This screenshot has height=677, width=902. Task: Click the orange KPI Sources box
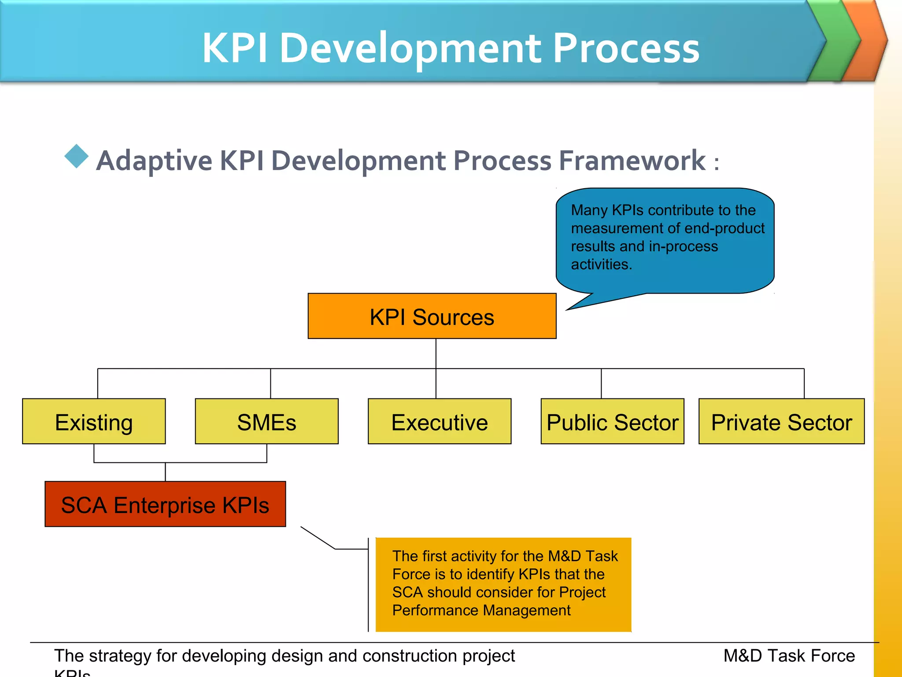coord(432,316)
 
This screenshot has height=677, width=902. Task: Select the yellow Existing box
coord(94,421)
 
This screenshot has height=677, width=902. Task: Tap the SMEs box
coord(266,421)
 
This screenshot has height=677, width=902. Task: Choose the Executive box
coord(439,421)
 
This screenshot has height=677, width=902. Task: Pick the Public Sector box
coord(612,421)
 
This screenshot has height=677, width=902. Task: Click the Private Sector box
coord(781,421)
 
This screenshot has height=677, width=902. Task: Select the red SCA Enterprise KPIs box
coord(165,504)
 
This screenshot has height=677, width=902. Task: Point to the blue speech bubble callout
coord(665,238)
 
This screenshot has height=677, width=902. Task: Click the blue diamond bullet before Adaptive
coord(77,156)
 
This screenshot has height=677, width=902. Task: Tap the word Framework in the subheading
coord(632,160)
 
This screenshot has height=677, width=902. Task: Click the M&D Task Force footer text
coord(789,656)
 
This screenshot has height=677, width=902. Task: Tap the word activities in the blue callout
coord(601,264)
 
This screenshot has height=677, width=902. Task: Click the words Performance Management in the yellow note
coord(481,610)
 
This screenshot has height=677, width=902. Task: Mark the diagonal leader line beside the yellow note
coord(318,538)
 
